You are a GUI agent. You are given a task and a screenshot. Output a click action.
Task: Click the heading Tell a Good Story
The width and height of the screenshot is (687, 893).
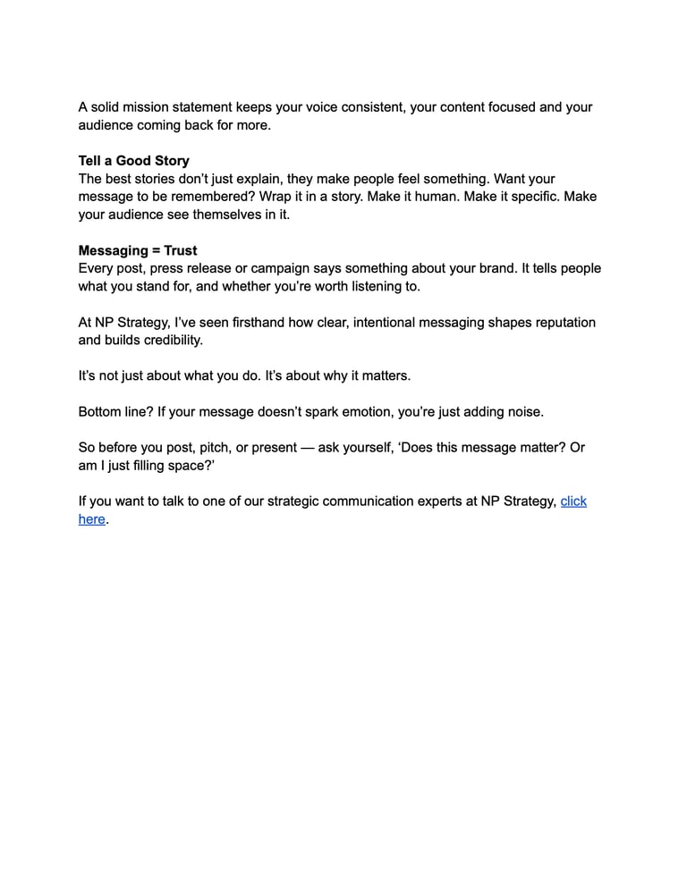[134, 161]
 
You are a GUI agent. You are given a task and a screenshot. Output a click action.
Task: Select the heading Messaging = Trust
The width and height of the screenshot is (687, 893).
[138, 250]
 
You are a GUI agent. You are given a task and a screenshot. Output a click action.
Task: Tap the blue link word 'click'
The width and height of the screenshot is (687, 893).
[573, 501]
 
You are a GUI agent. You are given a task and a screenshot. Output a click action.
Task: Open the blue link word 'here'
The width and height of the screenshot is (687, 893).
[92, 518]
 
